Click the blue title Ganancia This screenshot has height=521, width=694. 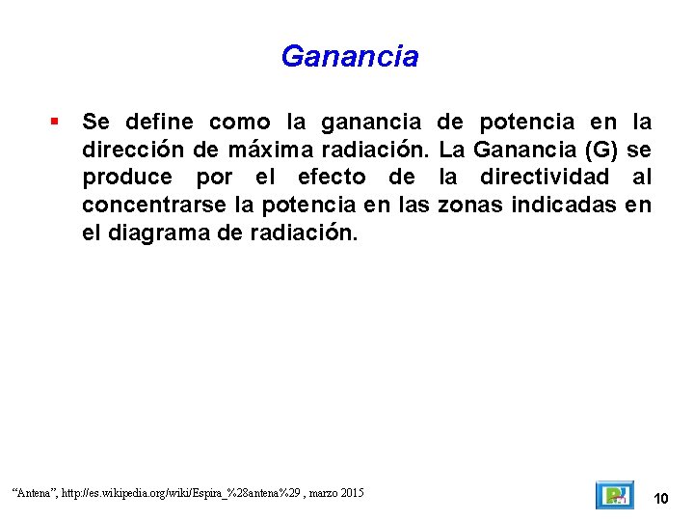pyautogui.click(x=350, y=56)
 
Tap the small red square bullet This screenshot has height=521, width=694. pyautogui.click(x=55, y=123)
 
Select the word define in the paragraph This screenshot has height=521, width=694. pyautogui.click(x=158, y=123)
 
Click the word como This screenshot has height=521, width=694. pyautogui.click(x=240, y=123)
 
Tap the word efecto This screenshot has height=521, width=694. pyautogui.click(x=332, y=178)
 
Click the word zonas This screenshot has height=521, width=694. pyautogui.click(x=470, y=205)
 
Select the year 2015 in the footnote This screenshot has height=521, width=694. pyautogui.click(x=351, y=493)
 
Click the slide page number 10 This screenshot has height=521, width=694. pyautogui.click(x=661, y=498)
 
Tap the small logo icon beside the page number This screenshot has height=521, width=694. pyautogui.click(x=613, y=495)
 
